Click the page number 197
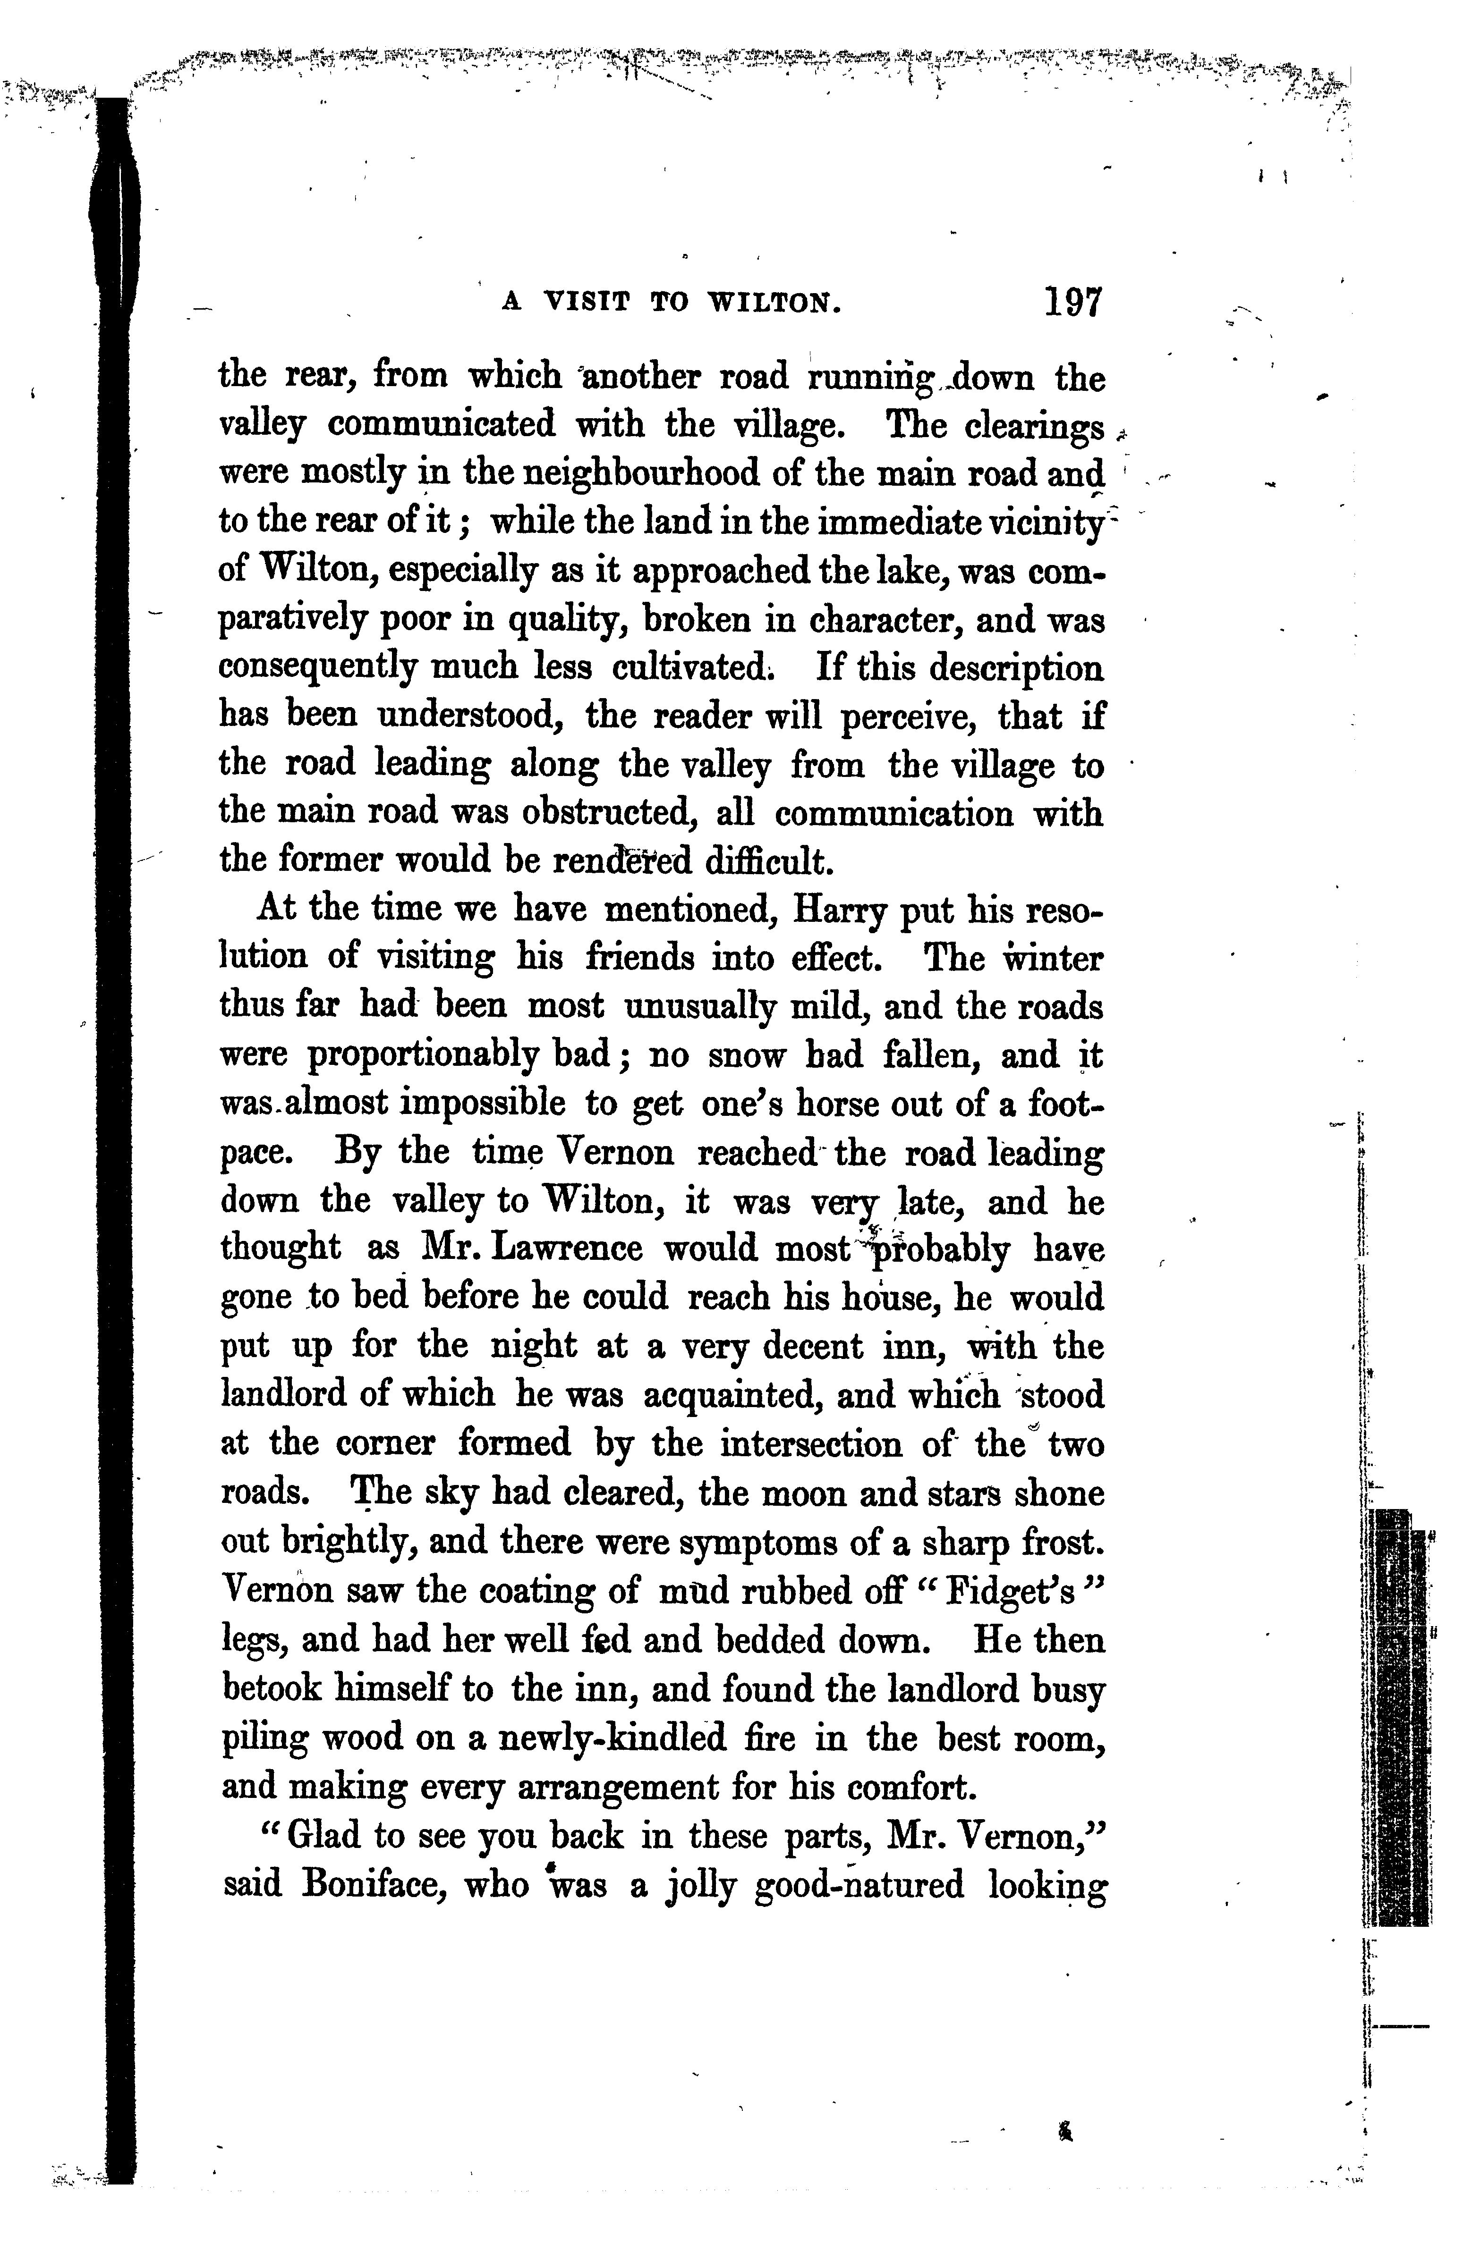point(1074,303)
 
